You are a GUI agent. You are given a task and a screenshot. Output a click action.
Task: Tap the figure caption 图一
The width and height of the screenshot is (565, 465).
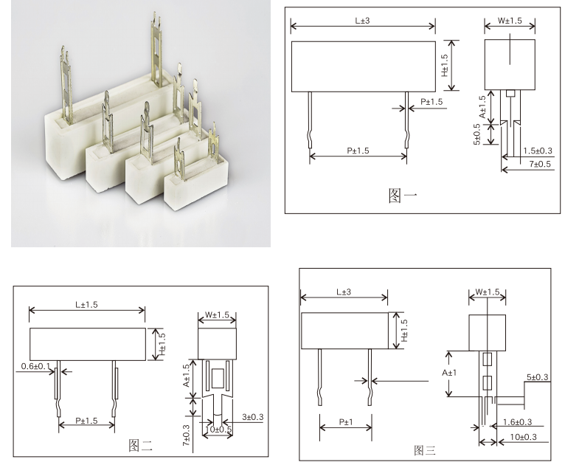[x=403, y=196]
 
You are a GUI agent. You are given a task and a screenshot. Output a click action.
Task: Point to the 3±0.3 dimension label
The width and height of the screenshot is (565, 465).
[x=253, y=417]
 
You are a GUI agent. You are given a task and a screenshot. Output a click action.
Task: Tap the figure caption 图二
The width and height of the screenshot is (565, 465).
[x=140, y=445]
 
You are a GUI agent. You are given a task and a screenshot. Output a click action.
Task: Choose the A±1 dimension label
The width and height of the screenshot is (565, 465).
[x=447, y=373]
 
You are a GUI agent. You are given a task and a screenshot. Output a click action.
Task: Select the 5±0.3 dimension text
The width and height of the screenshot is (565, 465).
[x=537, y=377]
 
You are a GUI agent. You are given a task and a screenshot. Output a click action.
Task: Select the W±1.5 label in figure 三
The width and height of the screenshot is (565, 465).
[x=488, y=292]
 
